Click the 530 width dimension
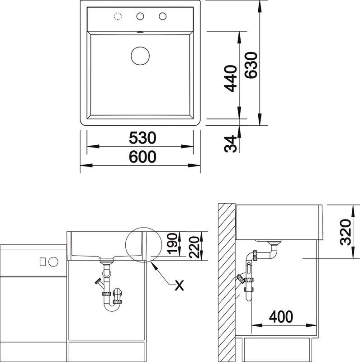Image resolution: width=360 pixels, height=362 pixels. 142,138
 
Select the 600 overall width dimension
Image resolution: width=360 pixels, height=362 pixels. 142,157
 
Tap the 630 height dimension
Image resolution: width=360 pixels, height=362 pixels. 251,65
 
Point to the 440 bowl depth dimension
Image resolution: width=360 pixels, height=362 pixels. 231,78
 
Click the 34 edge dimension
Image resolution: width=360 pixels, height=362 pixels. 231,144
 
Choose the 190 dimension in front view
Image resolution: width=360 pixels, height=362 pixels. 172,243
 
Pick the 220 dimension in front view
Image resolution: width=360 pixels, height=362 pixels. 194,247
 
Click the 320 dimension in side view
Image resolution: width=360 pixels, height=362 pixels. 346,232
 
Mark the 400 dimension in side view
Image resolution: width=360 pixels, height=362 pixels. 281,317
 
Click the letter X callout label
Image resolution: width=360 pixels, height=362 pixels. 179,286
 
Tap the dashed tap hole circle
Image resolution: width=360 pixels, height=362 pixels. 118,16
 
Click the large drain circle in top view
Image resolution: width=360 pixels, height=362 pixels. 140,56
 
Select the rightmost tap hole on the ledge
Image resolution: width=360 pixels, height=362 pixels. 162,16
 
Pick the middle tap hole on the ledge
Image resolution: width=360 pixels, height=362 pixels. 140,16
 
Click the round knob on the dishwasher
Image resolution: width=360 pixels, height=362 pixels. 53,262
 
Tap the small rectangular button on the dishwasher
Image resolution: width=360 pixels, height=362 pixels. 43,262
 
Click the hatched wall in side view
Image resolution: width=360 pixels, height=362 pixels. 227,282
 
